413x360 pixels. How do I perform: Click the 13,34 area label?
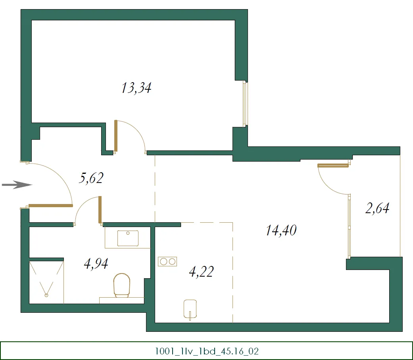click(x=136, y=88)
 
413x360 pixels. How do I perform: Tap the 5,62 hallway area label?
click(x=91, y=178)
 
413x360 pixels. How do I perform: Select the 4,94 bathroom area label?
click(x=96, y=263)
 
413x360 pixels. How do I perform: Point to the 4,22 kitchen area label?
click(x=201, y=271)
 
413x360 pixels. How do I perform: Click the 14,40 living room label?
click(x=281, y=230)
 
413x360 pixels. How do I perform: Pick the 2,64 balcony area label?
click(x=377, y=208)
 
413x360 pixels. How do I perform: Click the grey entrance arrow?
click(x=17, y=185)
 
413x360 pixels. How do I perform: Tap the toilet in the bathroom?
click(x=122, y=285)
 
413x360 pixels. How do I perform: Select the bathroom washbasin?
click(x=128, y=238)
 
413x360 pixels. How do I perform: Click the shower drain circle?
click(x=46, y=295)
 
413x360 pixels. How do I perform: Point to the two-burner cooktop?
click(x=167, y=262)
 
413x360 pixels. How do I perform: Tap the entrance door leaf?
click(x=50, y=205)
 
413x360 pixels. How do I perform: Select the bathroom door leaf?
click(x=100, y=210)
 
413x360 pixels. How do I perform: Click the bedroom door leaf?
click(x=115, y=136)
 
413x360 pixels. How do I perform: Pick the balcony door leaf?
click(x=333, y=166)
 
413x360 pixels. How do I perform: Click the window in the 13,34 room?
click(x=245, y=104)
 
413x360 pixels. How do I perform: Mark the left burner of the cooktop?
click(x=163, y=262)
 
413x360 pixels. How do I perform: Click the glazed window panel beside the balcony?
click(x=349, y=225)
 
